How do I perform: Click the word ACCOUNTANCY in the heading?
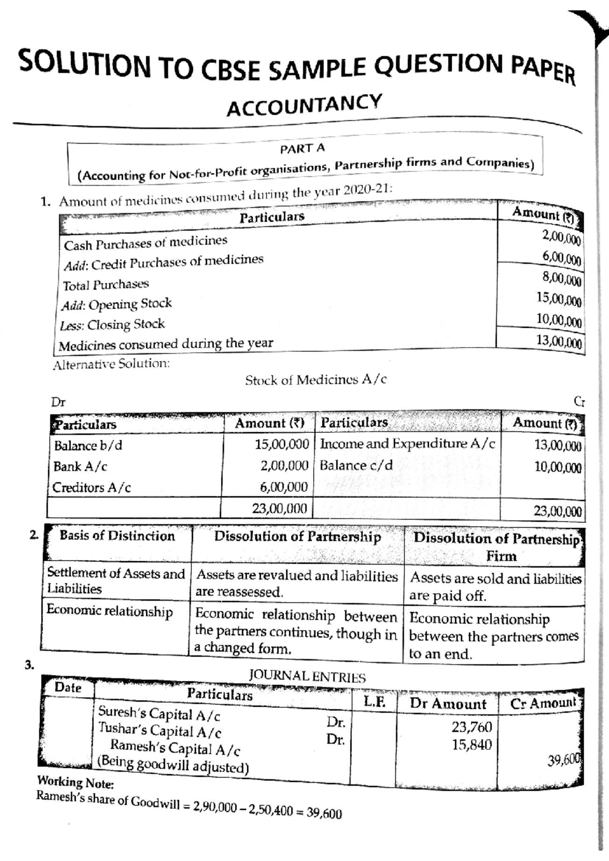303,105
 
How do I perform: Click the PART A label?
302,149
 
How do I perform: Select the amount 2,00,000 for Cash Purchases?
561,236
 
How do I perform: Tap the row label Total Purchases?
106,285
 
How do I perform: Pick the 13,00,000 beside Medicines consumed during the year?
559,341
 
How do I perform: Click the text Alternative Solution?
111,364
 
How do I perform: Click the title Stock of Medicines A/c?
316,380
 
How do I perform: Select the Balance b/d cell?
88,445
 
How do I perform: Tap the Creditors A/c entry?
91,488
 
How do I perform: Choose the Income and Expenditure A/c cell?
407,444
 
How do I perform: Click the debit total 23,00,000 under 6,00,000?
280,508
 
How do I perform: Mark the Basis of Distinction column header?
117,536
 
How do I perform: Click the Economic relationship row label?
110,611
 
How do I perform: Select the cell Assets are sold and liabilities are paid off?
495,587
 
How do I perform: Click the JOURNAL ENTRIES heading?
307,677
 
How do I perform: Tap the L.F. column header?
375,702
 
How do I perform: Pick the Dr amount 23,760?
471,728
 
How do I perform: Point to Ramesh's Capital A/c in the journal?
175,748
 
